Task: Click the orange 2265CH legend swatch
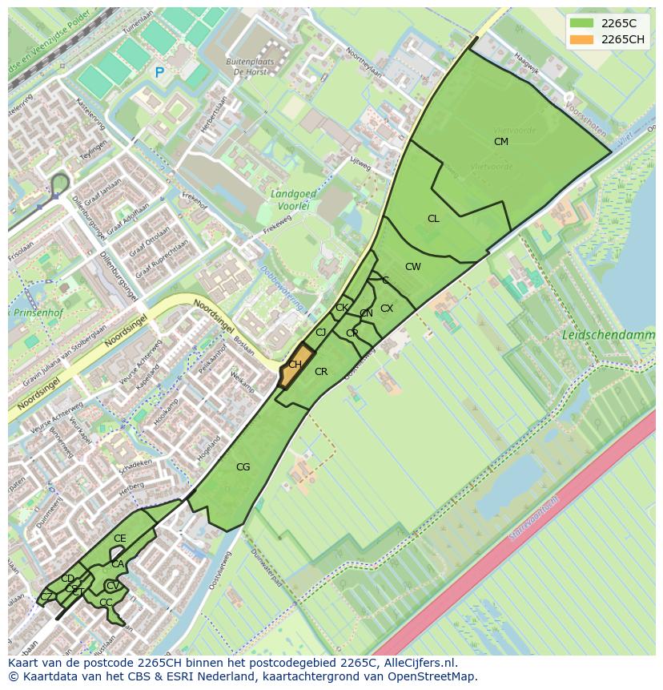click(582, 39)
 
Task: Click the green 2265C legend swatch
click(582, 23)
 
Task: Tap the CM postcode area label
click(501, 142)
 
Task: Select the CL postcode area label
click(433, 219)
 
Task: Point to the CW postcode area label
click(412, 267)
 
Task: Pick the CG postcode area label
click(243, 467)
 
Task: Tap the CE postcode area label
click(120, 539)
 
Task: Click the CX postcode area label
click(387, 309)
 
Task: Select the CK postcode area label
click(342, 308)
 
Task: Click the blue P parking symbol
click(159, 73)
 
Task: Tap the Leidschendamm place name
click(608, 335)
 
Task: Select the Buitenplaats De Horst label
click(250, 66)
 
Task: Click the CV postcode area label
click(113, 586)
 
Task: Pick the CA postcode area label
click(118, 564)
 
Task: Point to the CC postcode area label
click(106, 603)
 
